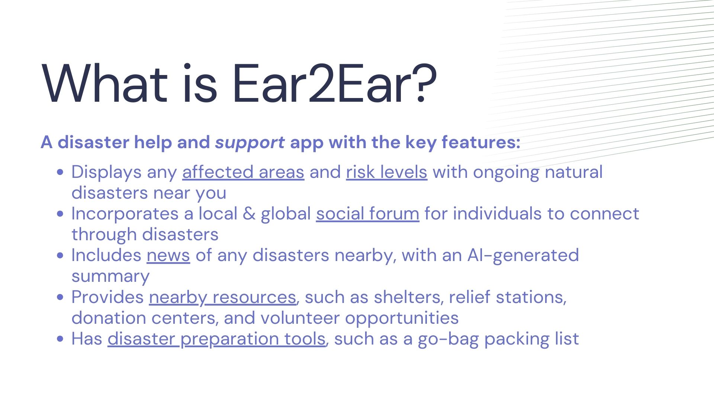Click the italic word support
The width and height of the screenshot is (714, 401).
(250, 143)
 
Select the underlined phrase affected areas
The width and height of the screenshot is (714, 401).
(243, 172)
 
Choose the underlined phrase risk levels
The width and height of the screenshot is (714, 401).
(387, 172)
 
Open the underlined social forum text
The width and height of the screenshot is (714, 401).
(368, 213)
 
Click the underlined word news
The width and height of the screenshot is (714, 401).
(168, 255)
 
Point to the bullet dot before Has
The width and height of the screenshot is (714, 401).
(61, 339)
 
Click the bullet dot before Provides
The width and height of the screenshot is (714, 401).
(61, 297)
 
